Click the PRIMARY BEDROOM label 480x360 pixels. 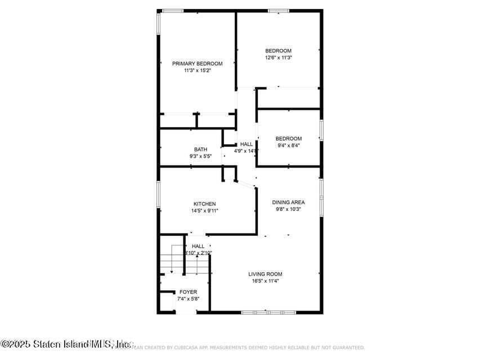197,64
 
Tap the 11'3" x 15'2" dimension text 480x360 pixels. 197,71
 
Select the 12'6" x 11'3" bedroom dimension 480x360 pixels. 279,57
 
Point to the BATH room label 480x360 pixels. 201,149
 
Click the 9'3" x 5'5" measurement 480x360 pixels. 201,156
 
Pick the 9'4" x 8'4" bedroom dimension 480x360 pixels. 288,145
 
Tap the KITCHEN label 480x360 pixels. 205,204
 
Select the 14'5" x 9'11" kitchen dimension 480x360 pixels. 205,210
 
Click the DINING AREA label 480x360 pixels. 288,202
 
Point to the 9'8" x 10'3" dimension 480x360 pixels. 288,209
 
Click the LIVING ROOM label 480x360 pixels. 265,274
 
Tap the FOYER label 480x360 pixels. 188,292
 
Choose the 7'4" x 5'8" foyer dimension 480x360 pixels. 188,299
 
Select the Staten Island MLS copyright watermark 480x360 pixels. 68,343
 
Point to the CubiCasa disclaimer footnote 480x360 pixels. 242,348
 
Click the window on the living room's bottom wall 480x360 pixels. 268,312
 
